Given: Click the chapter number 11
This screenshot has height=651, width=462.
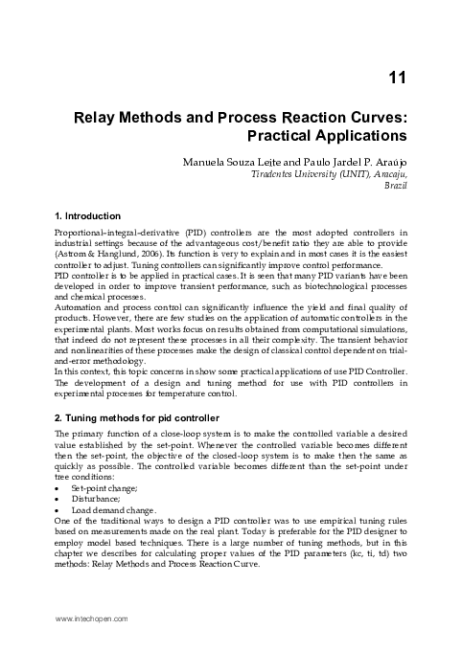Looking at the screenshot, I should click(401, 77).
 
